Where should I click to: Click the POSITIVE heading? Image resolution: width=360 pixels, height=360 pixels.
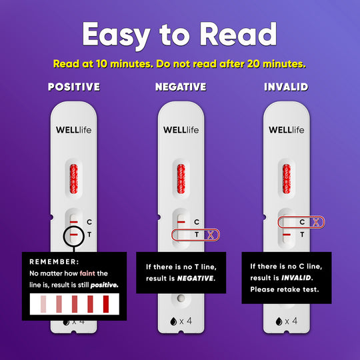tap(74, 87)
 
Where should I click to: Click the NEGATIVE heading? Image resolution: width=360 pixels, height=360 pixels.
tap(180, 87)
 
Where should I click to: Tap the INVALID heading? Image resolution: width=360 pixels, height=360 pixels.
tap(286, 87)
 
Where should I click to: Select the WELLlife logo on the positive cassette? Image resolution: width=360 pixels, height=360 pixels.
tap(73, 130)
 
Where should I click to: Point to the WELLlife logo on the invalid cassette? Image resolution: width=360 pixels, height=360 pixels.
tap(286, 130)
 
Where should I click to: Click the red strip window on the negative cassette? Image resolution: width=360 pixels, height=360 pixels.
tap(180, 181)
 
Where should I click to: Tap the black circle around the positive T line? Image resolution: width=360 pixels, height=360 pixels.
tap(74, 235)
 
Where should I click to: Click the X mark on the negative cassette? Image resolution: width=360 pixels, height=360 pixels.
tap(211, 234)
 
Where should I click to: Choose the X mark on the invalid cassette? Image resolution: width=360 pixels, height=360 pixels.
tap(317, 222)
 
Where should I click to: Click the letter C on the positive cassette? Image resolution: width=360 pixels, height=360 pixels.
tap(89, 222)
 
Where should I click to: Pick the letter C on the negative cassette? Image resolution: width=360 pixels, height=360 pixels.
tap(196, 222)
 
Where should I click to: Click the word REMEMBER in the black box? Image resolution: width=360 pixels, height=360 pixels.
tap(54, 262)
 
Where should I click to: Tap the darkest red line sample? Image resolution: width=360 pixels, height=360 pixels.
tap(105, 305)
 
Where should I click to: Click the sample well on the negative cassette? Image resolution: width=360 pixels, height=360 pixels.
tap(180, 297)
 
